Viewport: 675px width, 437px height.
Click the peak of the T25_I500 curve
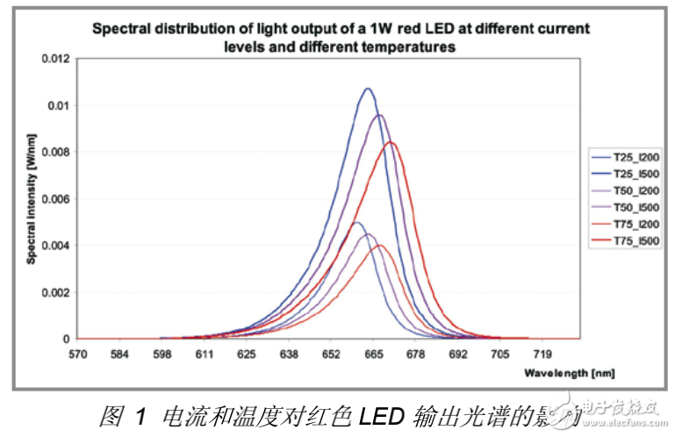point(369,89)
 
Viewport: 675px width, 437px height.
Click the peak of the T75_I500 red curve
point(391,142)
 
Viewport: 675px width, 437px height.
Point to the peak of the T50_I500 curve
point(379,115)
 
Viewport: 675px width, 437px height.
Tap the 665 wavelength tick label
point(373,355)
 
